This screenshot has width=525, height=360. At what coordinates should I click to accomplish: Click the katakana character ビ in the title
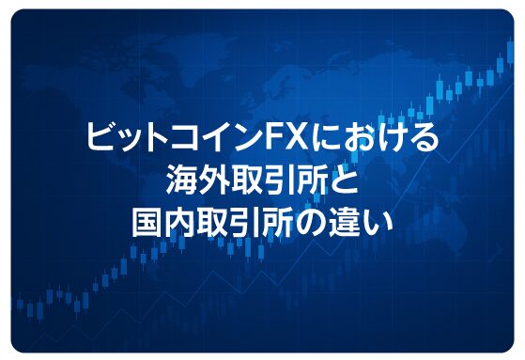[100, 139]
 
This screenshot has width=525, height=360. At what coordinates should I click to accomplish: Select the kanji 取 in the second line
[246, 180]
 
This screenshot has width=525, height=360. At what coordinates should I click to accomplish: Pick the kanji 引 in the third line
[246, 221]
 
